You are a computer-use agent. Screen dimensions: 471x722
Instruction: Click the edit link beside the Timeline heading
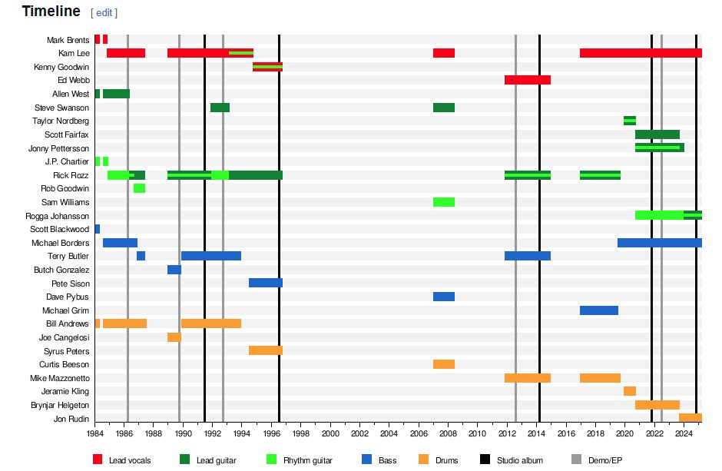(x=104, y=12)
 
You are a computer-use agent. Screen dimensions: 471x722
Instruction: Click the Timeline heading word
(x=51, y=11)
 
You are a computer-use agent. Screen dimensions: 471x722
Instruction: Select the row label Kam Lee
(x=74, y=53)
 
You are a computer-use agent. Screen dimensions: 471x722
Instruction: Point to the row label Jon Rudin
(x=71, y=419)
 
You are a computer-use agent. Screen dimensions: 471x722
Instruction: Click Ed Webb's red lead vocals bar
(x=527, y=80)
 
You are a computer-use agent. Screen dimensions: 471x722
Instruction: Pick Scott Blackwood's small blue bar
(x=98, y=229)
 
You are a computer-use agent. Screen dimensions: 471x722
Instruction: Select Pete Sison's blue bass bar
(x=265, y=283)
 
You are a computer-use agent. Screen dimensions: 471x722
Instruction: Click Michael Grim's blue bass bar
(x=598, y=310)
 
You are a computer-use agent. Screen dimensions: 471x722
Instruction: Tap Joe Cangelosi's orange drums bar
(x=174, y=337)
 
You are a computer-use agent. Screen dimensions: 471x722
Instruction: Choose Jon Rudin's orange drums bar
(x=690, y=418)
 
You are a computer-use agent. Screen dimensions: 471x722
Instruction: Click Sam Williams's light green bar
(x=443, y=202)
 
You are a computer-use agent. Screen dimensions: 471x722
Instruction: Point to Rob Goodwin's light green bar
(x=139, y=188)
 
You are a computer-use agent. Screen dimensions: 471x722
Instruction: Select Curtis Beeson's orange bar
(x=443, y=364)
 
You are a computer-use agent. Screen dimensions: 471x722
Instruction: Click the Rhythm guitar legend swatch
(x=270, y=459)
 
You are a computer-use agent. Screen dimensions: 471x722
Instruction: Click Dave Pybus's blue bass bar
(x=443, y=297)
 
